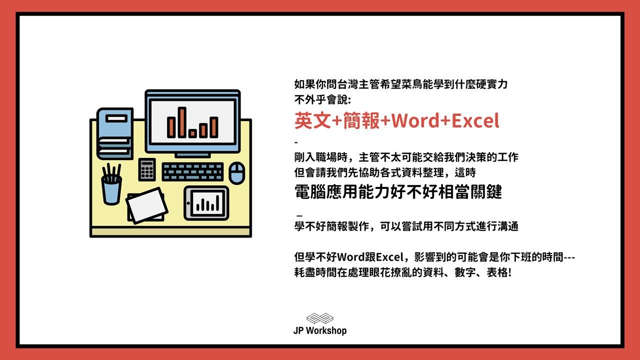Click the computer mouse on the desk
pyautogui.click(x=237, y=173)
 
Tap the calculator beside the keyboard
pyautogui.click(x=147, y=169)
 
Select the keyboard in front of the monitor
pyautogui.click(x=192, y=171)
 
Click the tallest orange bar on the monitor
pyautogui.click(x=182, y=122)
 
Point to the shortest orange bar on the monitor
pyautogui.click(x=192, y=133)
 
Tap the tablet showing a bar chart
pyautogui.click(x=206, y=203)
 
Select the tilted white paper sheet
pyautogui.click(x=147, y=205)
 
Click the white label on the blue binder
pyautogui.click(x=116, y=118)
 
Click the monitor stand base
pyautogui.click(x=192, y=155)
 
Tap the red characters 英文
pyautogui.click(x=313, y=120)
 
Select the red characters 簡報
pyautogui.click(x=361, y=120)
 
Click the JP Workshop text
pyautogui.click(x=320, y=330)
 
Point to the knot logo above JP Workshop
pyautogui.click(x=319, y=318)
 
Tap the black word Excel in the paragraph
pyautogui.click(x=389, y=257)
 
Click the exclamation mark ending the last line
pyautogui.click(x=509, y=272)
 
